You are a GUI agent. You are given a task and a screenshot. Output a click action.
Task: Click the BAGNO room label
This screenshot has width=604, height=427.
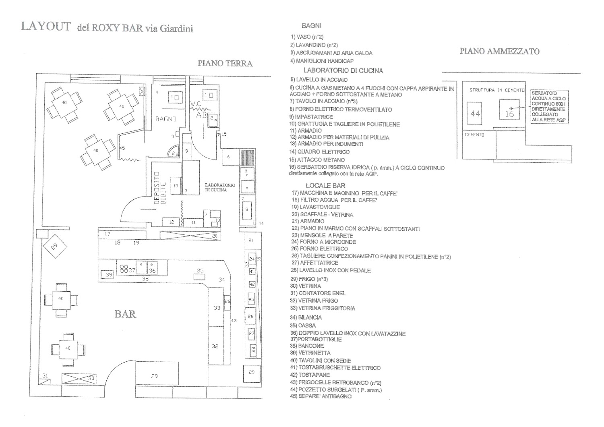(x=166, y=119)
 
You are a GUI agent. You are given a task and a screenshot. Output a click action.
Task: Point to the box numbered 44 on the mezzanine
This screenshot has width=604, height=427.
(x=476, y=114)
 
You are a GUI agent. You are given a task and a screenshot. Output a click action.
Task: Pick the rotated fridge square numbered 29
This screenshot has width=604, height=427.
(x=55, y=246)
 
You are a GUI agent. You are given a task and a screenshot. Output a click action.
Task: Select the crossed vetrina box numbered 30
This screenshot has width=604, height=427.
(x=79, y=378)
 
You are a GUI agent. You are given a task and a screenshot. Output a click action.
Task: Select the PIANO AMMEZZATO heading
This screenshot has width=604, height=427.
(x=499, y=51)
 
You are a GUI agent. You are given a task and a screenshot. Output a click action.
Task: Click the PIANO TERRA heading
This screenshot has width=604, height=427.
(x=225, y=63)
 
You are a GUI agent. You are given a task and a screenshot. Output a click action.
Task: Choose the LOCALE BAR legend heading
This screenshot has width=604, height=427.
(x=325, y=185)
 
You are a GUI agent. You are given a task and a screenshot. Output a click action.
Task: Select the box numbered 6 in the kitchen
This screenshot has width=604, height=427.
(x=229, y=157)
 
